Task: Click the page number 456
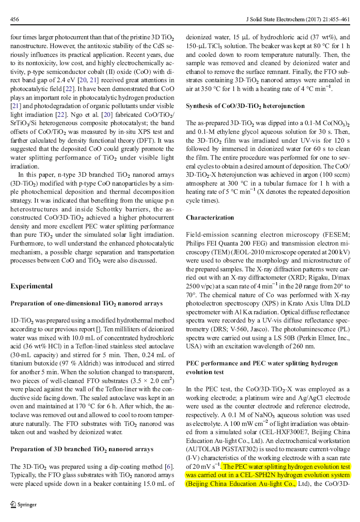(x=15, y=20)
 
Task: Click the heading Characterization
(x=210, y=218)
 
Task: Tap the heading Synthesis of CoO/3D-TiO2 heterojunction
(x=245, y=106)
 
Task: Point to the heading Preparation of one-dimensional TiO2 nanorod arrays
(x=86, y=303)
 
